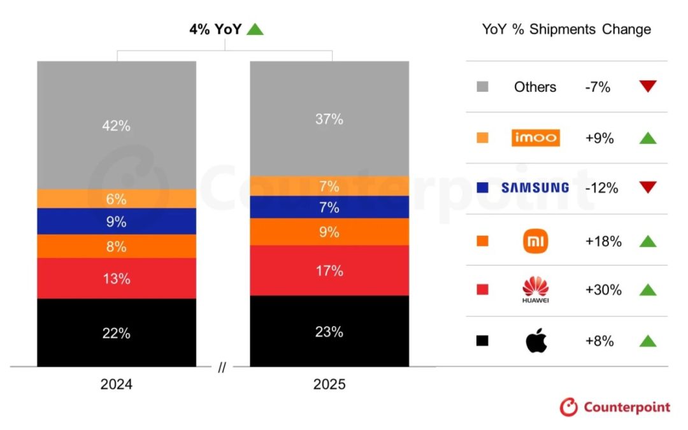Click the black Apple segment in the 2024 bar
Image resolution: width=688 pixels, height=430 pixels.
click(x=117, y=332)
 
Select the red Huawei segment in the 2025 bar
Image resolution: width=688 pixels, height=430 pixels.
click(x=329, y=271)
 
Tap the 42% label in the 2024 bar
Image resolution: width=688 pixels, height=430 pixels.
click(x=117, y=125)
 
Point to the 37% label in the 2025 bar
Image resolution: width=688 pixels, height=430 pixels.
click(x=329, y=118)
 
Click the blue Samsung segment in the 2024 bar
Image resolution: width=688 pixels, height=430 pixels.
click(x=117, y=222)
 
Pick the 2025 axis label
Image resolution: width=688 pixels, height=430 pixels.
click(x=329, y=385)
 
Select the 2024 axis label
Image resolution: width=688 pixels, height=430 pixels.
click(x=117, y=385)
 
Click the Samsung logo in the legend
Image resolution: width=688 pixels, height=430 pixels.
click(x=535, y=187)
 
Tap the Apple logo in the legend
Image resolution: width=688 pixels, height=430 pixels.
click(x=535, y=341)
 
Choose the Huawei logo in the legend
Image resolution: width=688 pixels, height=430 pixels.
click(x=535, y=290)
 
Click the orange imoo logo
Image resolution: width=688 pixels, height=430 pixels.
click(x=535, y=137)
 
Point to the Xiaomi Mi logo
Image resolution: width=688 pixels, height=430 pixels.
click(x=535, y=241)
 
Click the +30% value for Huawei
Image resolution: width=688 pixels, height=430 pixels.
click(x=603, y=290)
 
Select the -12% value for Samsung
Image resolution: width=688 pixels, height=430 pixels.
click(x=601, y=187)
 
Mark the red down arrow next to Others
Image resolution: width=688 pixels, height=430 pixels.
click(x=647, y=87)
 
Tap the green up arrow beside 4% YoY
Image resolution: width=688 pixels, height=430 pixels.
click(x=255, y=29)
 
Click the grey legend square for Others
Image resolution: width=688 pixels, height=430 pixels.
click(x=482, y=87)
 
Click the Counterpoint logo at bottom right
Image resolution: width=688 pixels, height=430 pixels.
click(x=615, y=407)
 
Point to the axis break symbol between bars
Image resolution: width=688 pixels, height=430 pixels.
click(x=222, y=368)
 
